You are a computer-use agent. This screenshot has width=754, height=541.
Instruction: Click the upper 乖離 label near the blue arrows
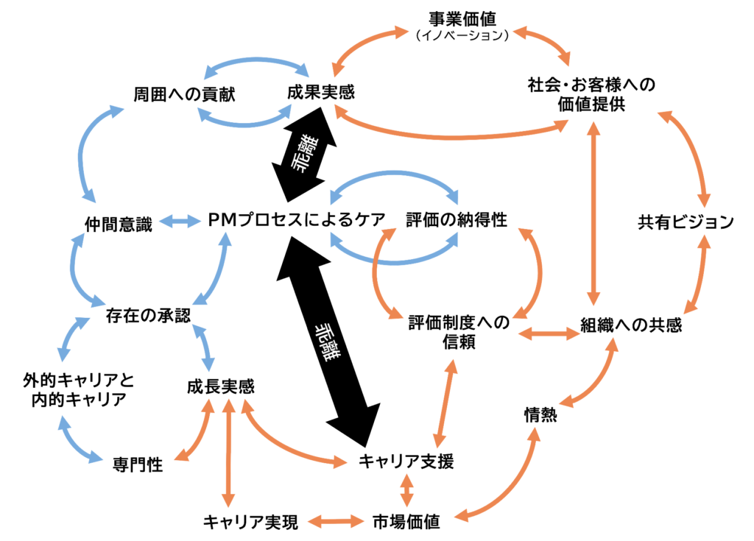[x=303, y=154]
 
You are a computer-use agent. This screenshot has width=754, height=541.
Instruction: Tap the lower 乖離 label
[x=327, y=342]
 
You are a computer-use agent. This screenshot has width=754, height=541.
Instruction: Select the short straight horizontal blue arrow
[x=180, y=221]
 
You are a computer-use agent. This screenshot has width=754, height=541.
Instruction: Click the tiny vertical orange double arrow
[x=406, y=490]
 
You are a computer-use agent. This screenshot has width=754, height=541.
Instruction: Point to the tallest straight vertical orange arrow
[x=593, y=213]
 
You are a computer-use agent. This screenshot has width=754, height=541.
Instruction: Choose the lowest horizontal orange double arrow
[x=336, y=521]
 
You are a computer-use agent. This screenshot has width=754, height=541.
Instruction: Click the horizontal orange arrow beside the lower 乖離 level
[x=549, y=334]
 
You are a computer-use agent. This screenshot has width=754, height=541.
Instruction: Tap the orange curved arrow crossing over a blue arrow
[x=377, y=272]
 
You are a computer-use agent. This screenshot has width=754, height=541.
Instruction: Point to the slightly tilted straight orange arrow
[x=445, y=403]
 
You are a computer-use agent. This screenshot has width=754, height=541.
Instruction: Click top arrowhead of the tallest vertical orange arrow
[x=593, y=127]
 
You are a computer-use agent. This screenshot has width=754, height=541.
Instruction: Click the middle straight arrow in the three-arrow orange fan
[x=228, y=453]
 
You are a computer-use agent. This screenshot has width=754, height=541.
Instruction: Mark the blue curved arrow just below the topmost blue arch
[x=244, y=121]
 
